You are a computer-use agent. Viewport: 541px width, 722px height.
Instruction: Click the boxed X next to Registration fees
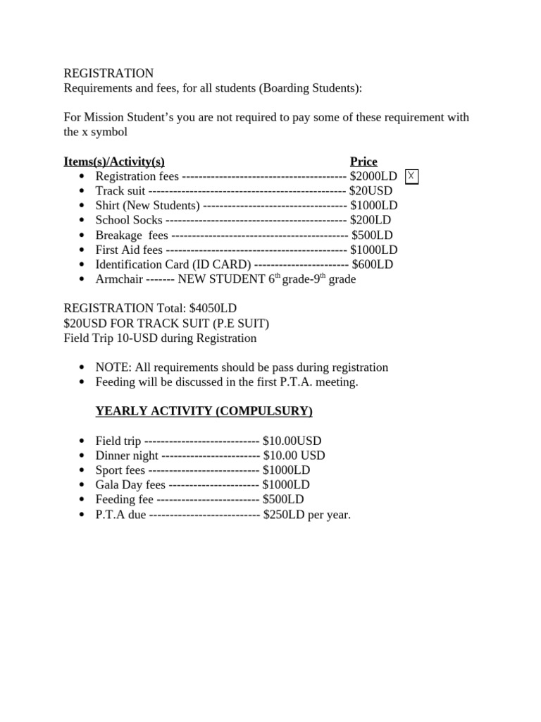coord(411,176)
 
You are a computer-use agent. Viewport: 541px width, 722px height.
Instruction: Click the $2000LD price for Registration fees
coord(373,176)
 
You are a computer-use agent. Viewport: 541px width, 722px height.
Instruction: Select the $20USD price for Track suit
coord(371,191)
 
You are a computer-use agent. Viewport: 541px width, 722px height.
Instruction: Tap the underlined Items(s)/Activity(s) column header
coord(114,161)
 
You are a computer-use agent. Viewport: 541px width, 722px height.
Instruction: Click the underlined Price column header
coord(363,161)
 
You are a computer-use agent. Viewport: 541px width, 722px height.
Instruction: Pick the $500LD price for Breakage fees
coord(372,235)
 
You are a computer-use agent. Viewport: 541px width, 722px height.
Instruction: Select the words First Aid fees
coord(129,250)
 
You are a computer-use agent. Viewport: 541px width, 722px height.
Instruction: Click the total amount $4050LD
coord(213,309)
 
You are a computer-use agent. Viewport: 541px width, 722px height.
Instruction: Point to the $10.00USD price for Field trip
coord(292,441)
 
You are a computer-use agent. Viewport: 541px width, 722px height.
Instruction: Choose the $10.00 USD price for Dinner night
coord(294,456)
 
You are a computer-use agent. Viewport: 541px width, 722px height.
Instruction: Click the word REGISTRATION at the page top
coord(108,73)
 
